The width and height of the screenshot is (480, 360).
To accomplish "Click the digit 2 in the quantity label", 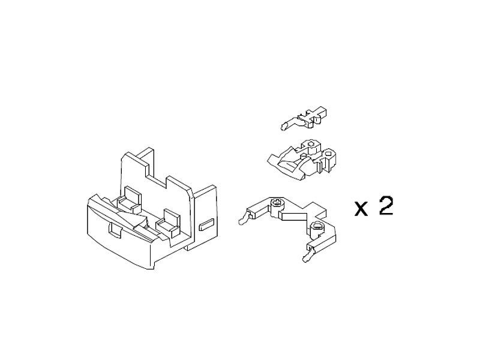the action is [x=386, y=206].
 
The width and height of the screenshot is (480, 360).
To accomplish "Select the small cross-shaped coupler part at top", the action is [x=305, y=118].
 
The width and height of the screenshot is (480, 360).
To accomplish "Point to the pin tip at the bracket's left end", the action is [x=242, y=220].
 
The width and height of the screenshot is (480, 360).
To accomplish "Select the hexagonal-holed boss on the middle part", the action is [x=311, y=146].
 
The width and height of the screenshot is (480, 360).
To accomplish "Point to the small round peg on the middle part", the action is [x=303, y=156].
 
